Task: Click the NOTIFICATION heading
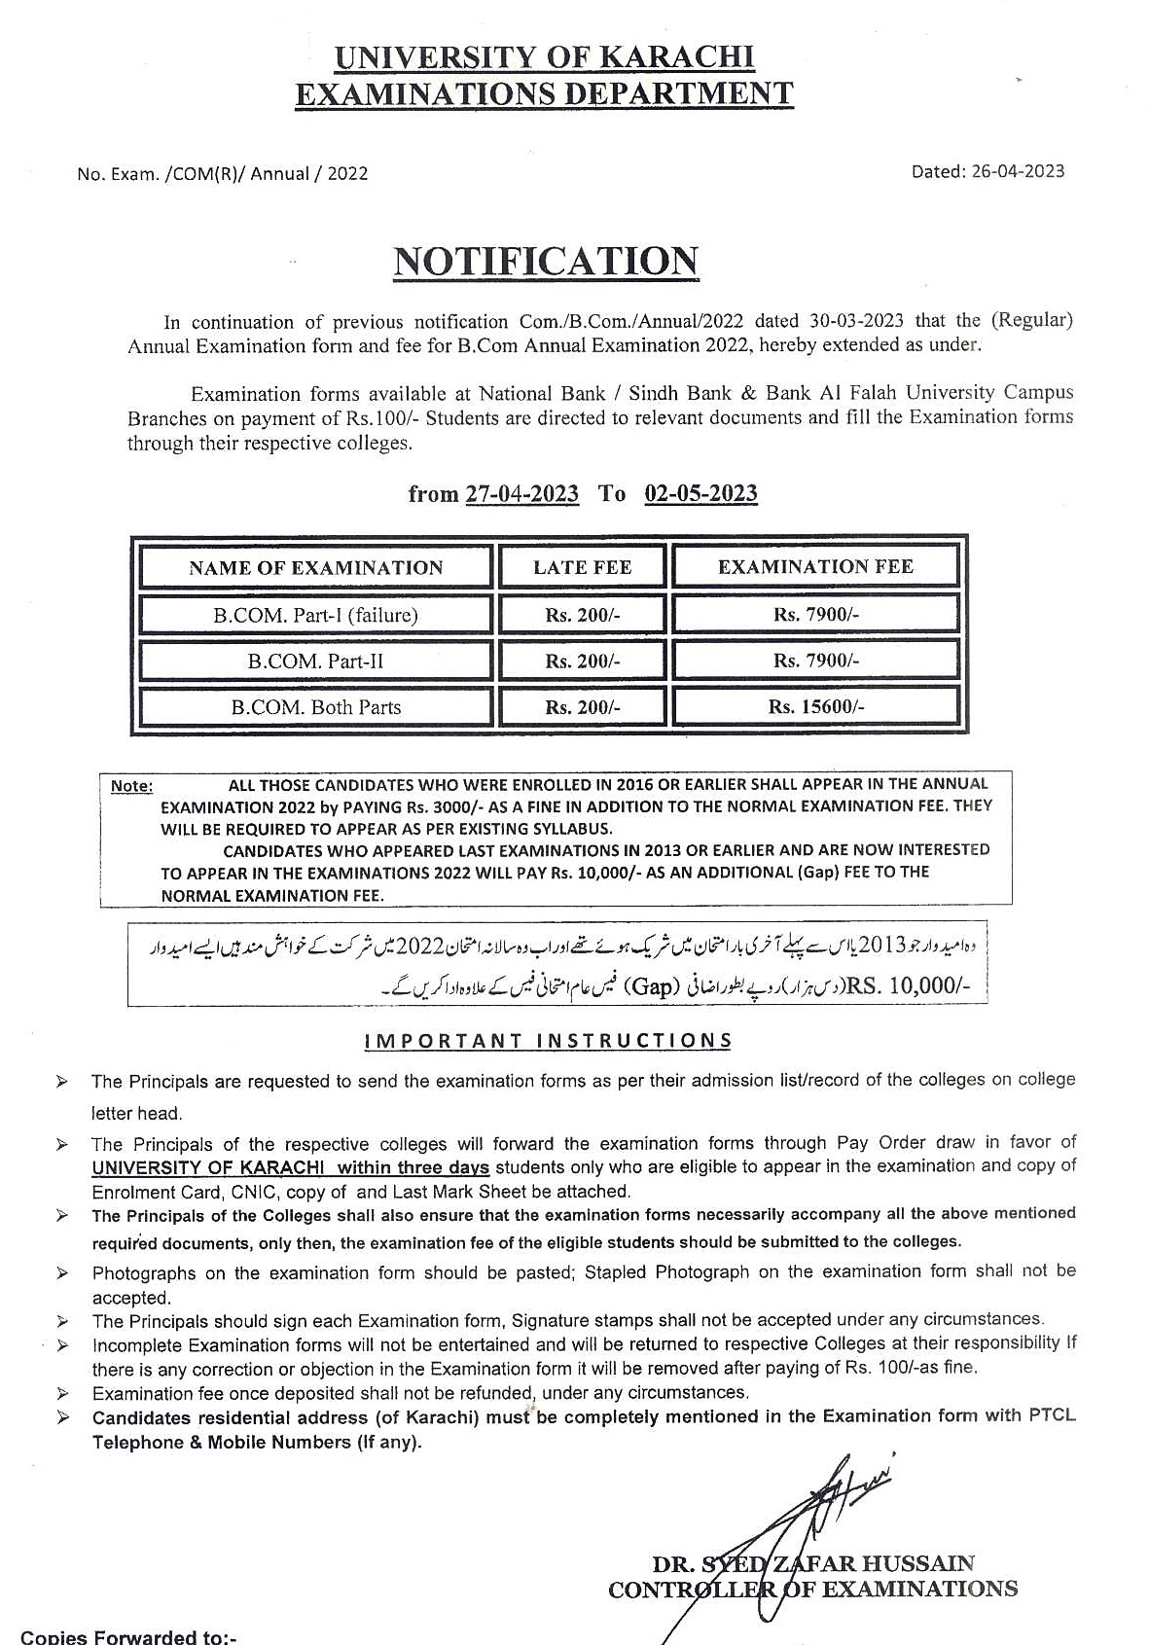pos(545,262)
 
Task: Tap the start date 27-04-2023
pos(521,494)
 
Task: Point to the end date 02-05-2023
pos(700,493)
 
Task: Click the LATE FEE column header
pos(582,567)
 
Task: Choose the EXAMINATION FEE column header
pos(815,566)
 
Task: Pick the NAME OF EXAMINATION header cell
pos(315,568)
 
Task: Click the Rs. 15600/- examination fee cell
pos(815,707)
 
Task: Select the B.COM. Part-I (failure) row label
pos(315,615)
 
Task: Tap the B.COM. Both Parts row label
pos(315,707)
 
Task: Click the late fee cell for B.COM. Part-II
pos(582,662)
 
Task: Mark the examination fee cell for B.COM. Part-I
pos(815,615)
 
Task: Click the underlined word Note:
pos(131,786)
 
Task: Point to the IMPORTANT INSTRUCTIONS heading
pos(548,1041)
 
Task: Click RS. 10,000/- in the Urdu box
pos(908,986)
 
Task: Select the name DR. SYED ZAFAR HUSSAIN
pos(813,1564)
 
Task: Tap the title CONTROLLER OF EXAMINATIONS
pos(812,1590)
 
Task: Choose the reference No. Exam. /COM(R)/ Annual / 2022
pos(223,174)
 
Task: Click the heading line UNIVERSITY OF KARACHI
pos(544,58)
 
